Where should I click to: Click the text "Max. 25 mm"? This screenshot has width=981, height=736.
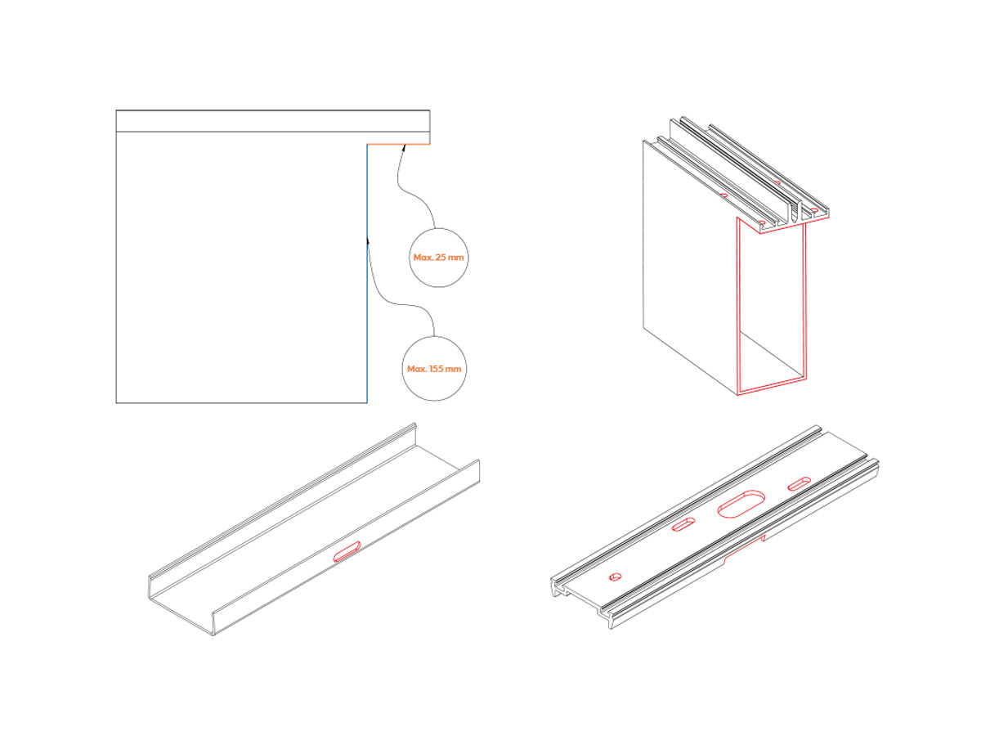coord(438,258)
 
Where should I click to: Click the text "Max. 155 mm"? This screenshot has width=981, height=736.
coord(433,369)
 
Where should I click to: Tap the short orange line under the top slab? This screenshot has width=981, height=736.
coord(398,144)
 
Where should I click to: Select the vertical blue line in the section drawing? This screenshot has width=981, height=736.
coord(367,273)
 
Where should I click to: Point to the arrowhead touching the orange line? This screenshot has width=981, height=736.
coord(404,147)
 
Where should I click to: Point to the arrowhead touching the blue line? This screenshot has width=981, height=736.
coord(368,241)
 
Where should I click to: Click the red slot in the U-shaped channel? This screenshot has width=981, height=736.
coord(347,551)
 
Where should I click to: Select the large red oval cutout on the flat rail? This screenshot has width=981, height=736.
coord(741,504)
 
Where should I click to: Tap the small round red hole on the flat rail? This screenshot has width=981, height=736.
coord(615,577)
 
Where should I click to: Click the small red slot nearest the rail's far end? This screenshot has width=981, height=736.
coord(799,483)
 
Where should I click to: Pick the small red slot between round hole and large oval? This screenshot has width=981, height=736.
coord(683,525)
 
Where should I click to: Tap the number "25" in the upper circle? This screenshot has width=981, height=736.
coord(441,258)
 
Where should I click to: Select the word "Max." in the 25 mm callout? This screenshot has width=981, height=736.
coord(423,258)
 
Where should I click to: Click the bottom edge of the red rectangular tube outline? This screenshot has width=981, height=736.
coord(772,387)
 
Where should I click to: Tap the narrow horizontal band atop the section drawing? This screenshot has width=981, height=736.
coord(272,121)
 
